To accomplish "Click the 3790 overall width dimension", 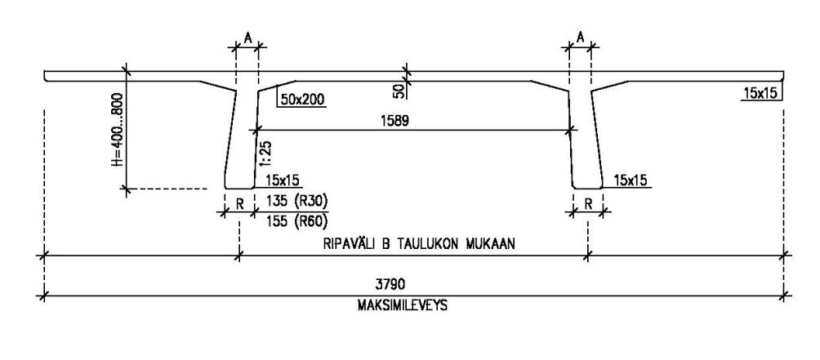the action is coord(390,284).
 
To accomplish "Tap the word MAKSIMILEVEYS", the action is coord(403,305).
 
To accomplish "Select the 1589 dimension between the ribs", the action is coord(394,121).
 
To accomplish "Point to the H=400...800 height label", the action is coord(117,130).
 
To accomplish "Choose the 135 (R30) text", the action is coord(297,201).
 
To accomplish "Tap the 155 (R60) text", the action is coord(297,221).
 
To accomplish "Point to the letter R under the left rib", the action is coord(239,204).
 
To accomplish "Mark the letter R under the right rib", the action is coord(588,204).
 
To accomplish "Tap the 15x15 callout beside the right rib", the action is coord(630,180).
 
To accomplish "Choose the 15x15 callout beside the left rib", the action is coord(283,180).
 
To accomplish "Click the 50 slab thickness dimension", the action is coord(399,91).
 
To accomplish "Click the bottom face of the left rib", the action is coord(239,189).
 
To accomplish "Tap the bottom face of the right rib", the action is coord(588,189).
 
